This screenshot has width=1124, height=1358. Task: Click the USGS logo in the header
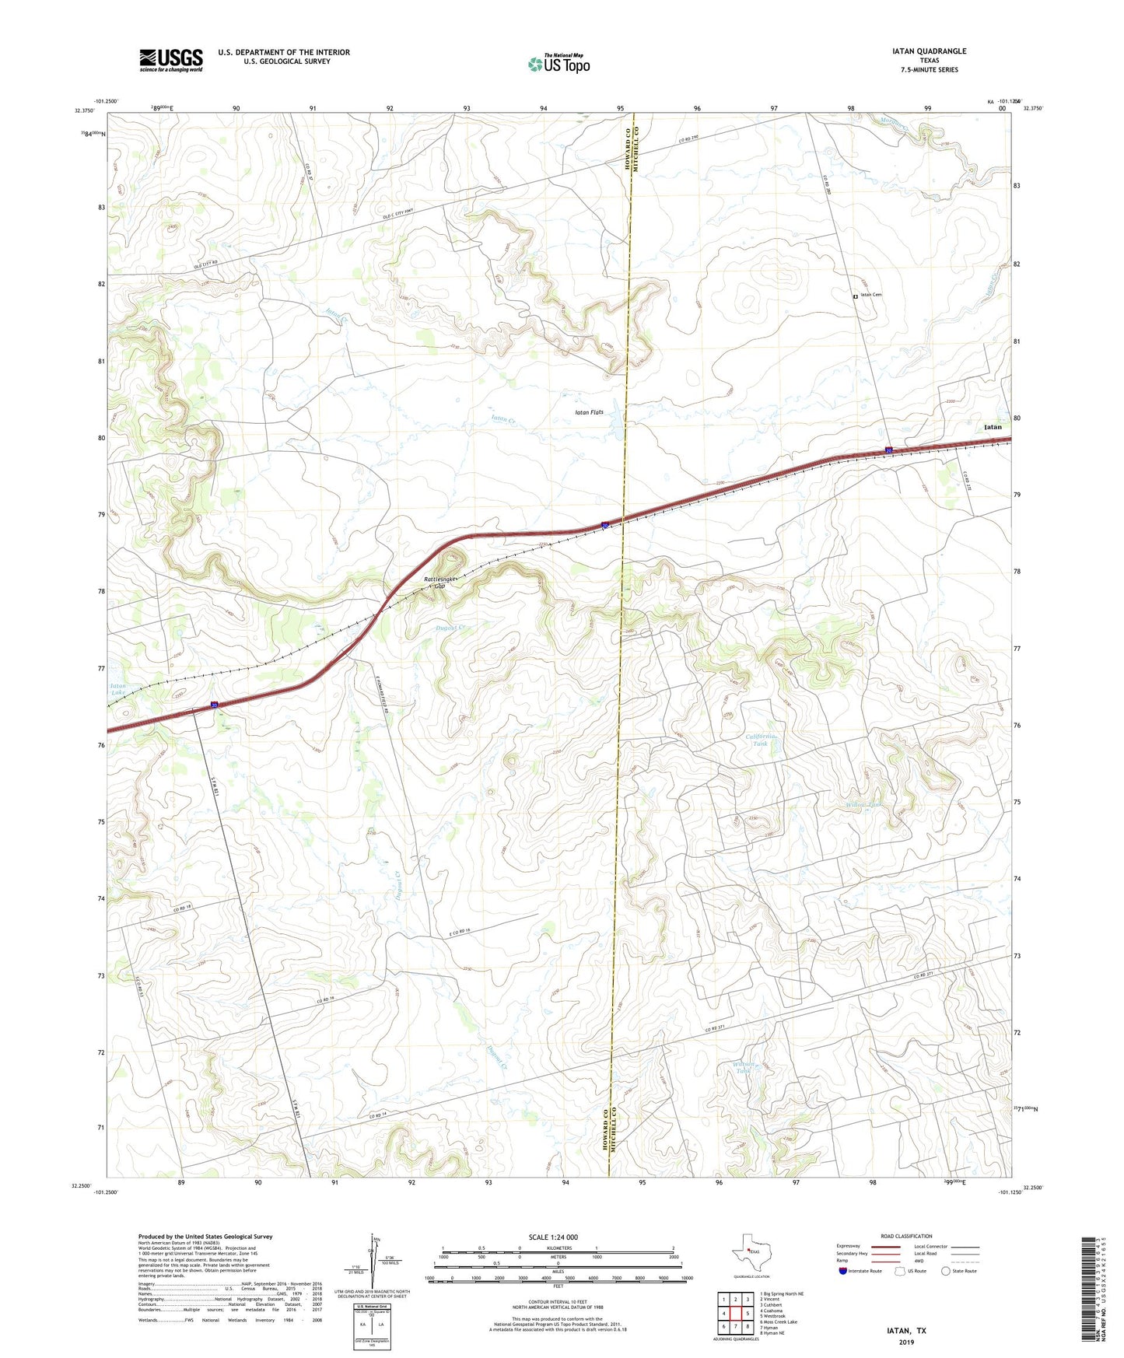[171, 60]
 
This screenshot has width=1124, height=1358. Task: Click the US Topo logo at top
[558, 64]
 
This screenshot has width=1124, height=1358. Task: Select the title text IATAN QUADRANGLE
[929, 51]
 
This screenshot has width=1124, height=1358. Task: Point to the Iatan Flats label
[589, 412]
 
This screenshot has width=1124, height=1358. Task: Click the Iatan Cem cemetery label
[870, 295]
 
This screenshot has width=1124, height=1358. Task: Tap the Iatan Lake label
[117, 689]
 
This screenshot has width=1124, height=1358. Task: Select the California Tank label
[761, 740]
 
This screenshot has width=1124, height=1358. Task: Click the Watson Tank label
[745, 1067]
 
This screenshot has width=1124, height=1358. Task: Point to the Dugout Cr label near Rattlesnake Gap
[450, 628]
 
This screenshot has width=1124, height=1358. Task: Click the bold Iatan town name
[993, 427]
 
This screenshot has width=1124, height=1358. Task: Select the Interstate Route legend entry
[860, 1271]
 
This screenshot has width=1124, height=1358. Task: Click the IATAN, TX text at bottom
[906, 1331]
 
